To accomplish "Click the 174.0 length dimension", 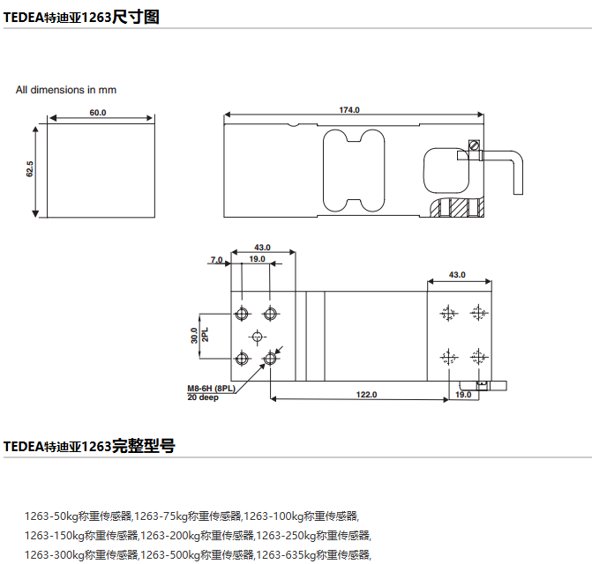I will (x=349, y=110).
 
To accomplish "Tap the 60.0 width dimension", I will (x=97, y=113).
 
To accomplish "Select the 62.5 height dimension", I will (x=30, y=169).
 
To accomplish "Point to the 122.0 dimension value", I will (x=367, y=395).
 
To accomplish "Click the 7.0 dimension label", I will (x=216, y=259).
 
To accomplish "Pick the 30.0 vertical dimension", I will (x=194, y=335).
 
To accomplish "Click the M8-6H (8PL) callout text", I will (x=211, y=389).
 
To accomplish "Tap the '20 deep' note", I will (x=202, y=397).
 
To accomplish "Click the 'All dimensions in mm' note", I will (x=66, y=90).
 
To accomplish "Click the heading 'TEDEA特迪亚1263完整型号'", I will (x=89, y=446).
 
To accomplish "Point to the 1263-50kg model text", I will (x=78, y=516).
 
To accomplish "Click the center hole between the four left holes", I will (x=257, y=336).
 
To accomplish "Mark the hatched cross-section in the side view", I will (x=458, y=209).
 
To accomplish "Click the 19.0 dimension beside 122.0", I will (x=463, y=395).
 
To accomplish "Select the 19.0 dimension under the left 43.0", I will (x=257, y=259).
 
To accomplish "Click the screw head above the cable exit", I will (x=475, y=145).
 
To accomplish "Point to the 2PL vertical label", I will (x=205, y=335).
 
